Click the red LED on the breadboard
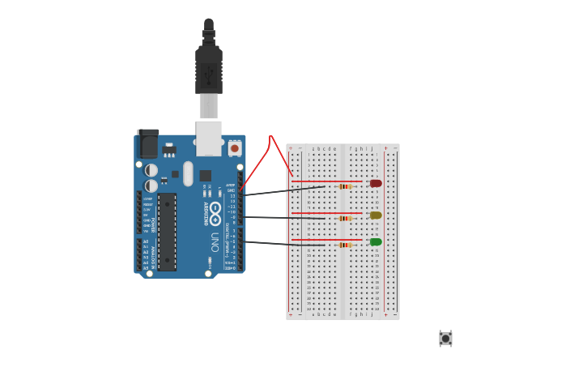coord(376,183)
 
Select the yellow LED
coord(376,216)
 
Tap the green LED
coord(376,241)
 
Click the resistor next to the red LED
coord(345,186)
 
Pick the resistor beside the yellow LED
coord(345,218)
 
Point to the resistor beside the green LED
coord(345,245)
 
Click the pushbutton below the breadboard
coord(445,338)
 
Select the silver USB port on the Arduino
coord(208,138)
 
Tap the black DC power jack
coord(148,144)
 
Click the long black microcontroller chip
coord(167,232)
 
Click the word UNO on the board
coord(215,241)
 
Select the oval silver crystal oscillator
coord(188,173)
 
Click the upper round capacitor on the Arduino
coord(151,170)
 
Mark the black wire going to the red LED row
coord(283,190)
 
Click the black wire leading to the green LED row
coord(283,243)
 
